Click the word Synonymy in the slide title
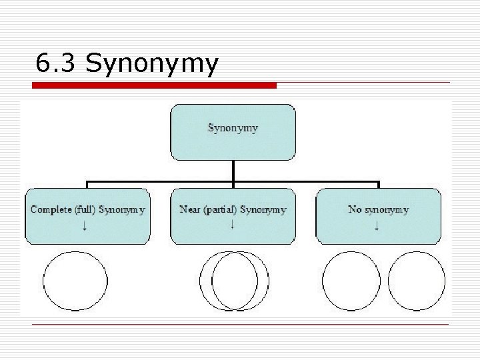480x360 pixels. pos(151,65)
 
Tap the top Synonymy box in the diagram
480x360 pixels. pos(233,131)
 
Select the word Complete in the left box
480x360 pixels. pos(52,209)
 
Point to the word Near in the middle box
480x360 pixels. pos(190,209)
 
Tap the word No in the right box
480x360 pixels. pos(355,209)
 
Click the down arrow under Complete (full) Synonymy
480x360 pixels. pos(87,226)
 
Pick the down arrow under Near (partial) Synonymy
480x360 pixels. pos(232,225)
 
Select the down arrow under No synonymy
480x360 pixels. pos(377,226)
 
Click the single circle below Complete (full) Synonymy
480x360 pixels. pos(75,281)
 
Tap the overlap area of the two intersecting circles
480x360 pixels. pos(234,281)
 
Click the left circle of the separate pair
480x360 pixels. pos(350,281)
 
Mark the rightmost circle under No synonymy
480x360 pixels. pos(416,281)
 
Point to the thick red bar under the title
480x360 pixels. pos(155,85)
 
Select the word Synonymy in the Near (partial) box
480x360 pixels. pos(263,209)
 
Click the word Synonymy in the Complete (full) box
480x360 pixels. pos(122,209)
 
